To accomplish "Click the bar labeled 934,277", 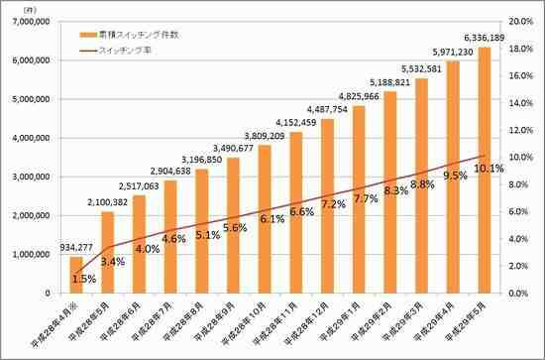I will click(x=75, y=275).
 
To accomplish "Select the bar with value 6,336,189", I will click(x=485, y=169).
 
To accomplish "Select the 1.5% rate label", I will click(x=84, y=280).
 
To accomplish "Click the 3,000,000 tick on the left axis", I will click(x=35, y=177).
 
